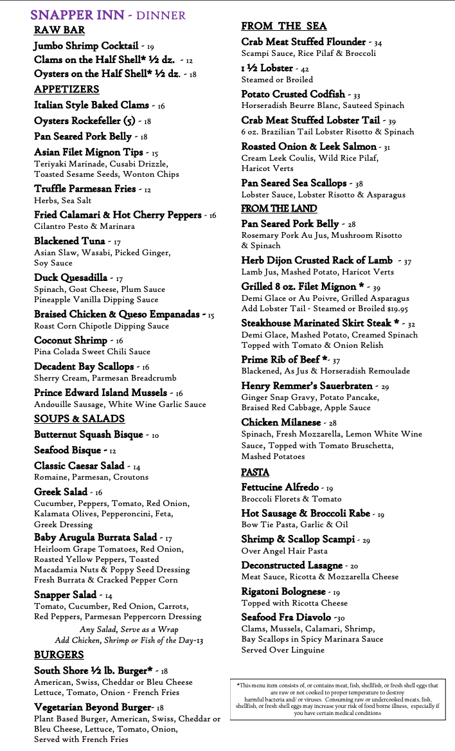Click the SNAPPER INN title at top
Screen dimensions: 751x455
76,15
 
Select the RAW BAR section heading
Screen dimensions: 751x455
59,30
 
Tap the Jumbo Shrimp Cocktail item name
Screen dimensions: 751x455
85,46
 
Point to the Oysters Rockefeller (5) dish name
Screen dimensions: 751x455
85,120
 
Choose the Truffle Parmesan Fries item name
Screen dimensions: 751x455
85,189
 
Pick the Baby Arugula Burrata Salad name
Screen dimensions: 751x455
95,538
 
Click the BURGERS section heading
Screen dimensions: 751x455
59,655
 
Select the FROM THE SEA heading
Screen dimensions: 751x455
284,26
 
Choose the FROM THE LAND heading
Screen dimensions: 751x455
279,208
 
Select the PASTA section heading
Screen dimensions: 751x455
255,472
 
